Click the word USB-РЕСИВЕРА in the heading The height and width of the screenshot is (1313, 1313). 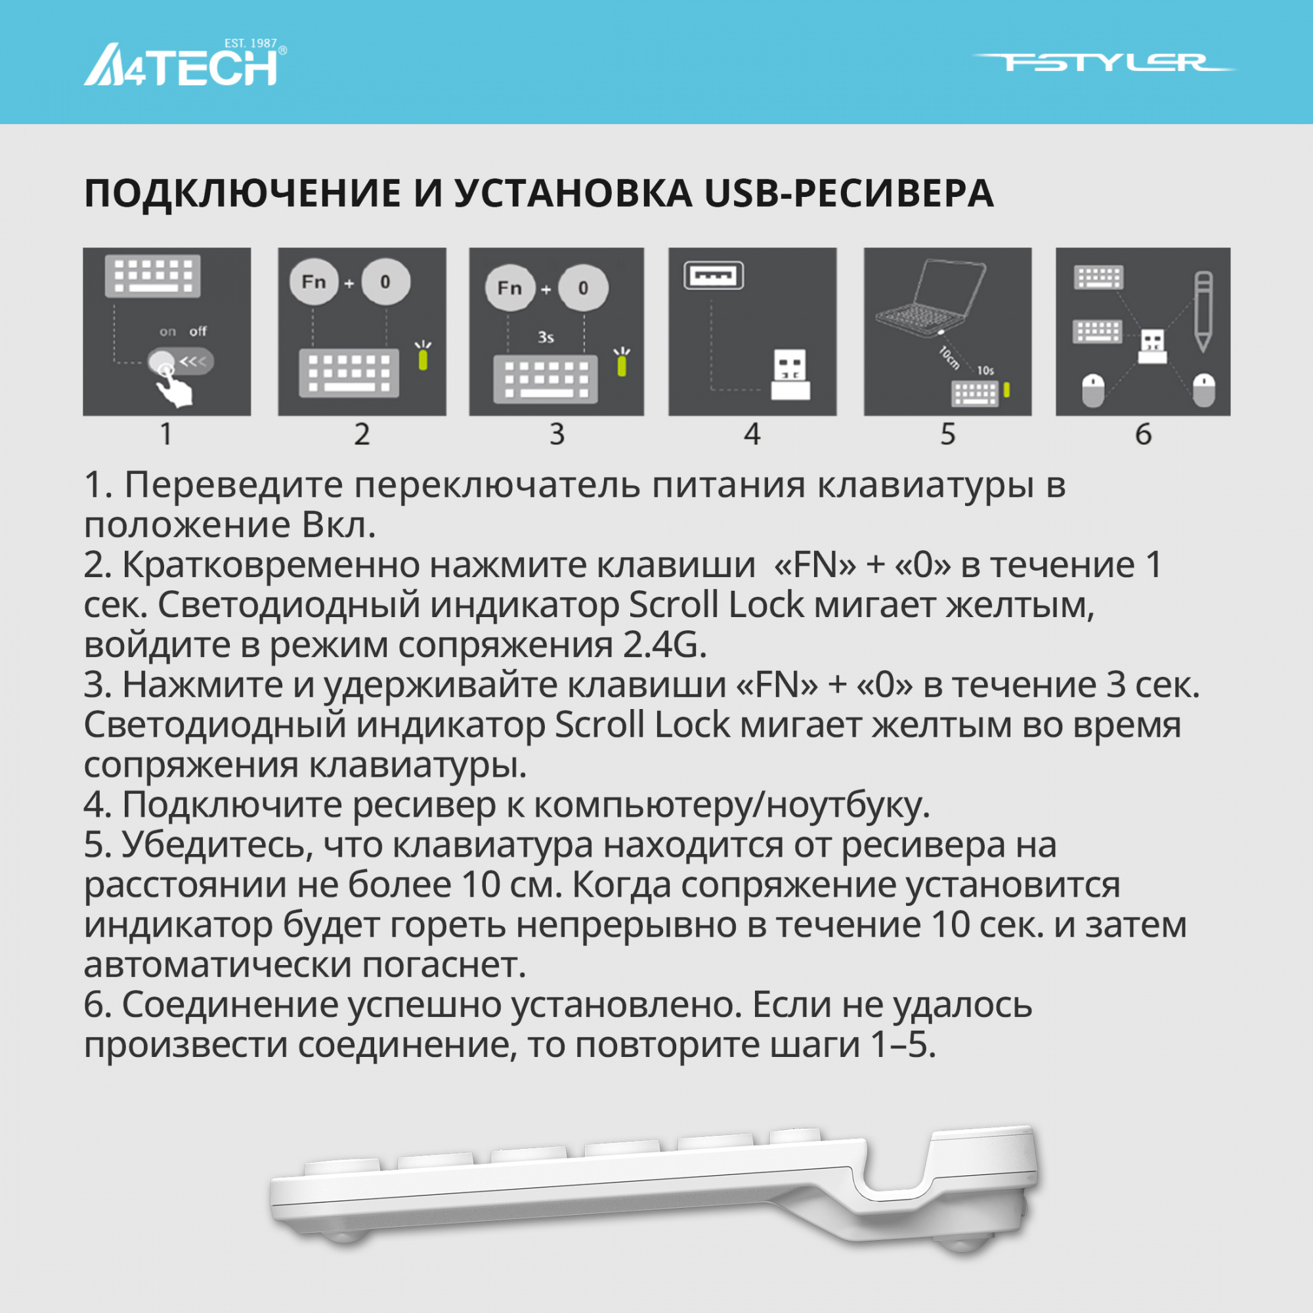coord(849,194)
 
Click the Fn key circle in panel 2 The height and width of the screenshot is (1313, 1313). coord(314,282)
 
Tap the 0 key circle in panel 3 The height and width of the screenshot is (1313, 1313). coord(583,288)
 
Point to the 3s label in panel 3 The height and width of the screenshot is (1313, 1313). coord(546,337)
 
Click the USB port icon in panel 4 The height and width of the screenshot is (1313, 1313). coord(713,276)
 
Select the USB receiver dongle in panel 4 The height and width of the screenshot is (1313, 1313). coord(790,374)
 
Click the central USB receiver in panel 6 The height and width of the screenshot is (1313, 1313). coord(1153,346)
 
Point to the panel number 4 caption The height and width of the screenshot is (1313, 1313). coord(752,434)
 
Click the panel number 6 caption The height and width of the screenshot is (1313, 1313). coord(1143,434)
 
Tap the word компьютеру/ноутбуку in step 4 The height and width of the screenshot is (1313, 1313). coord(731,806)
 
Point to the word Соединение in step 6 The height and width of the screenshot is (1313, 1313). coord(230,1005)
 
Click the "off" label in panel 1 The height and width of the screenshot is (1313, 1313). coord(198,332)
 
